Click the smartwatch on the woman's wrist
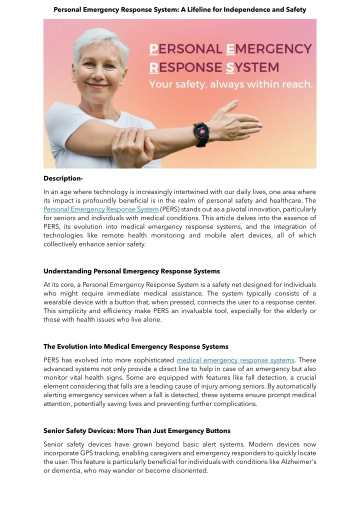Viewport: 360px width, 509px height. click(201, 133)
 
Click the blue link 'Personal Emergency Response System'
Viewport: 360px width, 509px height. click(101, 209)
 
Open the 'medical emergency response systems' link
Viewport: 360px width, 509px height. click(236, 360)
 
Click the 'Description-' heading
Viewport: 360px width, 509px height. click(63, 178)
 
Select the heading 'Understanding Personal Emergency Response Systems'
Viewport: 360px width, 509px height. click(131, 271)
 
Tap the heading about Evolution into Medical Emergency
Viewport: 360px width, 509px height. click(135, 346)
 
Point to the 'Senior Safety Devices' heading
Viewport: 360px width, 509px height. click(136, 430)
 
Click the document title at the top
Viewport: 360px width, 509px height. click(179, 9)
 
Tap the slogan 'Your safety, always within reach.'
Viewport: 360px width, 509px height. click(231, 84)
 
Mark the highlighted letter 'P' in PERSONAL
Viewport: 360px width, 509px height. click(154, 49)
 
